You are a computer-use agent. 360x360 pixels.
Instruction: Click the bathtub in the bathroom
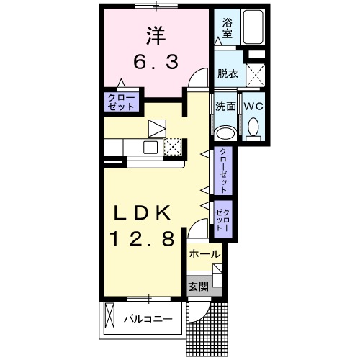pos(251,28)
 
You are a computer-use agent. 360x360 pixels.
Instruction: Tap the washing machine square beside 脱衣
pos(255,73)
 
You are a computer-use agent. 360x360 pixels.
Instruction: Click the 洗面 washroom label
pos(226,106)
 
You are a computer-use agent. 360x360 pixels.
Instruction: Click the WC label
pos(253,106)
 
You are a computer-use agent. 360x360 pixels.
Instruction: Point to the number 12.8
pos(141,239)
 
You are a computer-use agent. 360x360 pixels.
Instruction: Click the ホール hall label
pos(204,254)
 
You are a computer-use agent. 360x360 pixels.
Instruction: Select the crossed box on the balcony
pos(110,318)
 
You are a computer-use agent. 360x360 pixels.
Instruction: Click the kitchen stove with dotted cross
pos(172,147)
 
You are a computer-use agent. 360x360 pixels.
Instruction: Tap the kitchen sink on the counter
pos(150,148)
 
